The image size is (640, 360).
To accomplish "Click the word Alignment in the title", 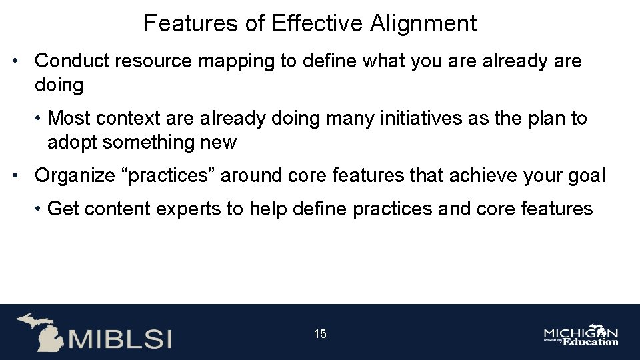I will (x=423, y=24).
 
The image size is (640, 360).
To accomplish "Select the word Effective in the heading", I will (x=317, y=24).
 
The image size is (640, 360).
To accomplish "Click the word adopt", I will (x=73, y=142).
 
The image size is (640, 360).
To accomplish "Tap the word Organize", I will (x=75, y=176).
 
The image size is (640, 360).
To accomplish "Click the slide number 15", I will (x=320, y=334).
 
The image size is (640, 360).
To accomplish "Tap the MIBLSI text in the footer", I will (x=120, y=338).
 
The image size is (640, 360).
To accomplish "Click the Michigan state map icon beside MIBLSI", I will (x=39, y=332).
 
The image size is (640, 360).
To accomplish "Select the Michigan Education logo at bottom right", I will (x=581, y=335).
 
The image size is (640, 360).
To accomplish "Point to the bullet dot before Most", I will (x=41, y=118).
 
